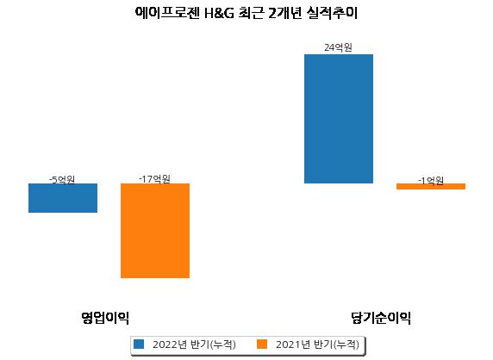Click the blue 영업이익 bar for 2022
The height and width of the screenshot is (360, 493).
[x=63, y=198]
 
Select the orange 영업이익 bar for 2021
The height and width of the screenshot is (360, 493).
[x=155, y=231]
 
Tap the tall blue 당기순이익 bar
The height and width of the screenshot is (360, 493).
[x=339, y=119]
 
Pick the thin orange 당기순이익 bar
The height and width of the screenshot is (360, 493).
[x=431, y=186]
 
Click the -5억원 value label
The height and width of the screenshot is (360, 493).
[x=62, y=180]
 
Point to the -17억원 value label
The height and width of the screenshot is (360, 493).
[x=154, y=179]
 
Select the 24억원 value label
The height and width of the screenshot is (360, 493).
[x=338, y=47]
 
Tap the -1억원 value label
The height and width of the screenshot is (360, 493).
[x=430, y=181]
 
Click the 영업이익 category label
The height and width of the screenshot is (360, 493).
[x=105, y=317]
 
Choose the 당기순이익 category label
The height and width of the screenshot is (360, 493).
[x=381, y=317]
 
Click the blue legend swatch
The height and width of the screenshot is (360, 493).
[x=139, y=344]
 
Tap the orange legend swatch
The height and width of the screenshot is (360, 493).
[x=262, y=344]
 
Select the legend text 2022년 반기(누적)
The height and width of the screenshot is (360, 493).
[x=194, y=344]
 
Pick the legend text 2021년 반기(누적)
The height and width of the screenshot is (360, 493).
[x=317, y=344]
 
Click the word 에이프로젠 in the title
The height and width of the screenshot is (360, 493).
[x=167, y=13]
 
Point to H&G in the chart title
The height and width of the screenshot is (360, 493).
[x=219, y=14]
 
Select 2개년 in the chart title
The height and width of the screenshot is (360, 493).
[x=285, y=13]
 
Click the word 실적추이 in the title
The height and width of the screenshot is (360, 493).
[x=333, y=13]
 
